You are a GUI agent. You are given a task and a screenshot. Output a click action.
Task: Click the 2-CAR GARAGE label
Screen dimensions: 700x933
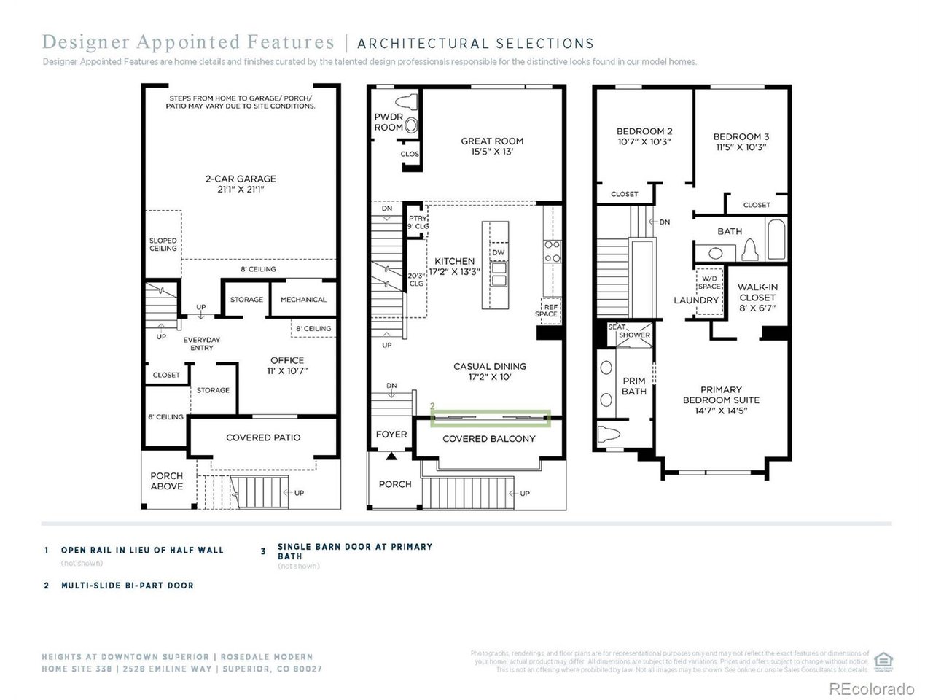(x=241, y=184)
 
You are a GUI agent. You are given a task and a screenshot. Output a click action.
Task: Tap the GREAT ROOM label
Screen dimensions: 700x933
(x=492, y=147)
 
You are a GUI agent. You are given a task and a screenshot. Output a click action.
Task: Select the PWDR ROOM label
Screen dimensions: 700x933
(x=389, y=122)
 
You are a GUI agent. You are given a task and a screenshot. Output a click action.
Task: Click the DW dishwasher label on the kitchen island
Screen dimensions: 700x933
(x=499, y=252)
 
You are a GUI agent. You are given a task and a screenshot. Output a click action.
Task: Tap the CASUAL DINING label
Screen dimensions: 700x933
(x=490, y=372)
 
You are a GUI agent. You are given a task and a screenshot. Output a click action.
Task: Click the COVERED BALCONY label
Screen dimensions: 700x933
(x=489, y=439)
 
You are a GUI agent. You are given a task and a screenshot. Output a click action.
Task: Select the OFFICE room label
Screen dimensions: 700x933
(x=287, y=365)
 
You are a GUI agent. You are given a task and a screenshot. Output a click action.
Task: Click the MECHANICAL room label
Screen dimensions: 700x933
(x=303, y=300)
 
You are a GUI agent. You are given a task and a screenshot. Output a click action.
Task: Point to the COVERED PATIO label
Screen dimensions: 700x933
(x=263, y=437)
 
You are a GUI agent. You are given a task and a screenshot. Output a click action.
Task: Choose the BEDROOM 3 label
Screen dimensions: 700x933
(x=741, y=141)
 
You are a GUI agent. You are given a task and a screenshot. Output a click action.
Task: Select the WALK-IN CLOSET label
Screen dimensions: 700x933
(x=758, y=297)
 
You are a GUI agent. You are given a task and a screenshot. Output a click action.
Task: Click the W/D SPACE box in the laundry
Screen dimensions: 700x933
(x=708, y=282)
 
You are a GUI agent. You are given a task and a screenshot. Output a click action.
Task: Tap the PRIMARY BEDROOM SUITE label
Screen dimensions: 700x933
(x=721, y=400)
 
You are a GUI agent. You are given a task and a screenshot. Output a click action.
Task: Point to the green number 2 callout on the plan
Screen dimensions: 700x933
(x=433, y=405)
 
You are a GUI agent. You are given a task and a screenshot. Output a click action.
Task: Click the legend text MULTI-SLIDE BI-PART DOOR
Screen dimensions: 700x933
(x=128, y=586)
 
